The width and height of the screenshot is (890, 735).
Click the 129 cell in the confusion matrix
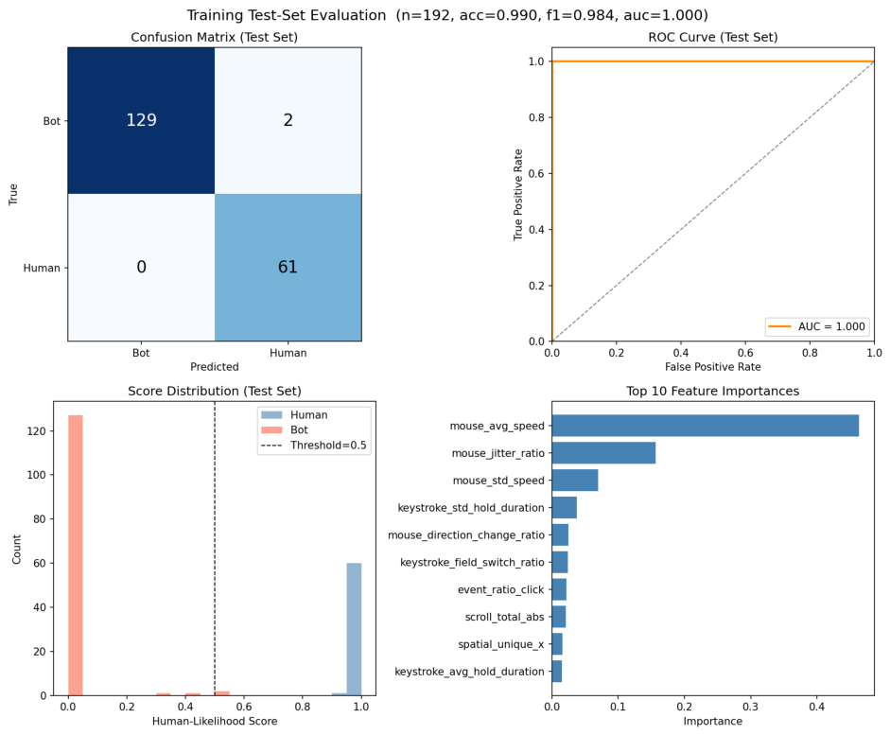(141, 120)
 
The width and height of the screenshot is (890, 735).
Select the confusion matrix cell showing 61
(288, 268)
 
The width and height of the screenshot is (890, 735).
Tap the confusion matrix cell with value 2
(288, 120)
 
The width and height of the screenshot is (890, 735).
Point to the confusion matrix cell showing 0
(141, 268)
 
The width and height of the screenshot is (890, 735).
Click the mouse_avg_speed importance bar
(705, 426)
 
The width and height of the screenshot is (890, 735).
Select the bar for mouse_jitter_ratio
(603, 453)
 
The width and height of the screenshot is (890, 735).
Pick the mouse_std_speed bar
(575, 481)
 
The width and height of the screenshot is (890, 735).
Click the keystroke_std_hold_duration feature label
(471, 507)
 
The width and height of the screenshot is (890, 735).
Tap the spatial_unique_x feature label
(501, 644)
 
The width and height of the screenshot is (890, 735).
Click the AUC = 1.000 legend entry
(817, 326)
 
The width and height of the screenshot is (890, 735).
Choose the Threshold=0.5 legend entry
(314, 446)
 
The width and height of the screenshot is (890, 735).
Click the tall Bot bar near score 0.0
(76, 555)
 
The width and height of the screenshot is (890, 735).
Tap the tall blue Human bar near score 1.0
(354, 629)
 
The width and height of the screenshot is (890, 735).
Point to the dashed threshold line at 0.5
(215, 549)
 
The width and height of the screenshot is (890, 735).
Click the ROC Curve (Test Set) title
(713, 38)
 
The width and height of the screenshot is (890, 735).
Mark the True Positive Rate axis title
(517, 195)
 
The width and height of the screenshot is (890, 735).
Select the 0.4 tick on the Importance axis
(817, 707)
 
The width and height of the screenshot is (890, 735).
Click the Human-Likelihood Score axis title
(215, 722)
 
